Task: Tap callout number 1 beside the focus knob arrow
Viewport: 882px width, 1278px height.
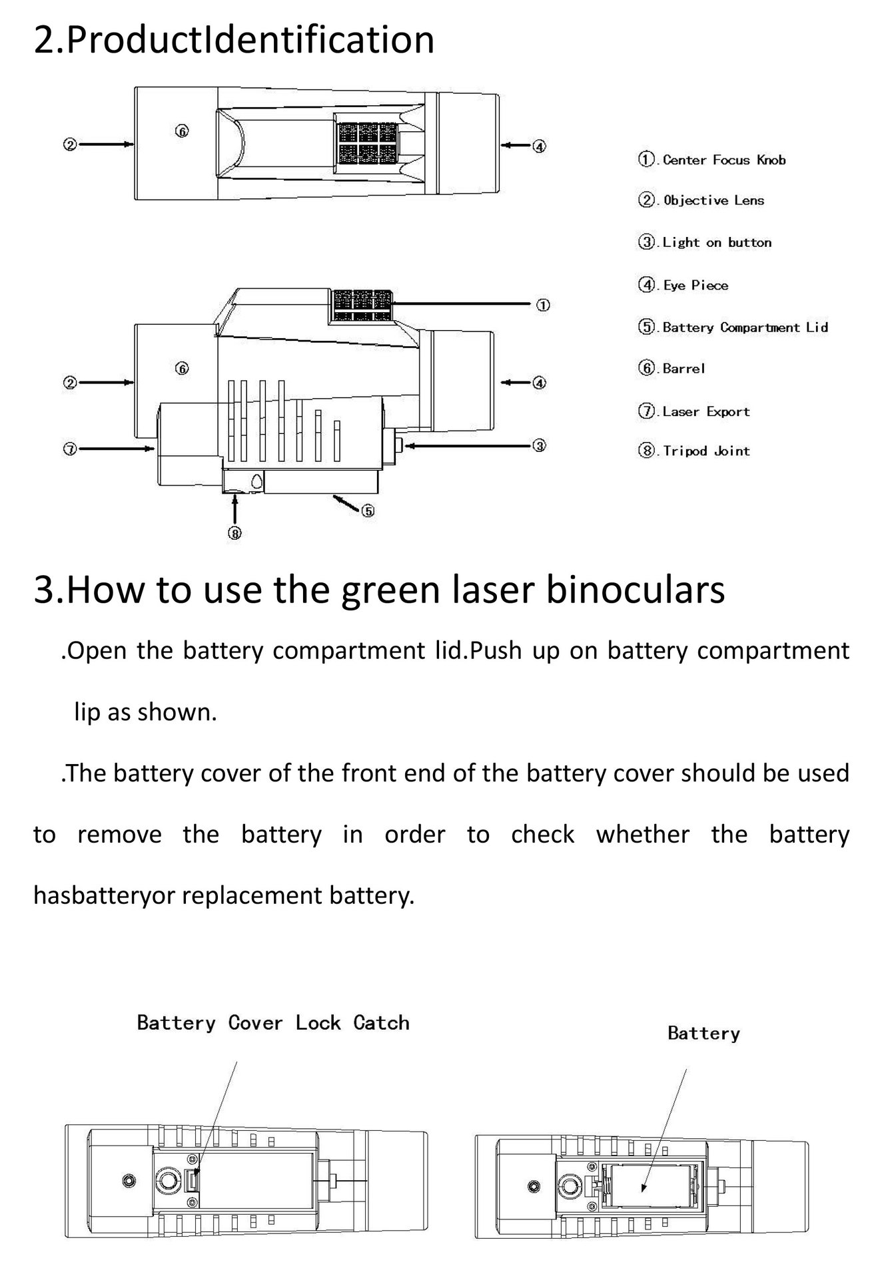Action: (x=543, y=306)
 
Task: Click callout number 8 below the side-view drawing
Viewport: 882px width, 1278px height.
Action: (x=234, y=532)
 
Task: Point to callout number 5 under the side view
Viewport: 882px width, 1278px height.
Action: (x=368, y=511)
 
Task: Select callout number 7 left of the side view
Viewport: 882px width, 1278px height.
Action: (x=69, y=449)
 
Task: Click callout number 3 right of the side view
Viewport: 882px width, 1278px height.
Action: (x=540, y=445)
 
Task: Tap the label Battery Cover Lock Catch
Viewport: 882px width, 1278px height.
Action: (x=273, y=1022)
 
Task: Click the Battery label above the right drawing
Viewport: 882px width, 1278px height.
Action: (x=703, y=1033)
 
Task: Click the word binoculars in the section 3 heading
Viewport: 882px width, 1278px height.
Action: (x=635, y=590)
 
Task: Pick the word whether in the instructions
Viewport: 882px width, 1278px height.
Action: (x=642, y=835)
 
